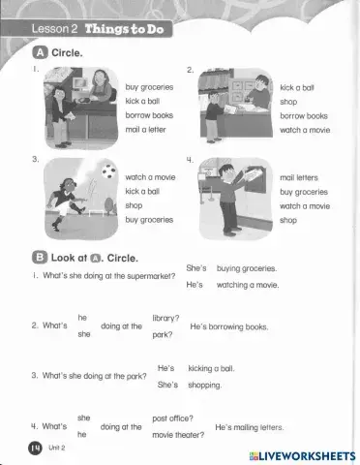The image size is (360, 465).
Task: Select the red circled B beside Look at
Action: (x=25, y=259)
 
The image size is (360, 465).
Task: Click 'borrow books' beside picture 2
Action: (x=303, y=114)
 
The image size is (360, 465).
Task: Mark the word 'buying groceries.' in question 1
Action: (x=246, y=268)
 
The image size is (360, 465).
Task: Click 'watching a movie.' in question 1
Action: (x=247, y=285)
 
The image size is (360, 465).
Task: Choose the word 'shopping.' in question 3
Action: (x=204, y=385)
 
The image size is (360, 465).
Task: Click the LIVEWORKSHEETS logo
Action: (x=302, y=454)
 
